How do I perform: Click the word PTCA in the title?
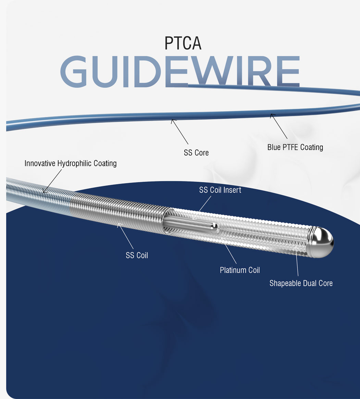tap(183, 43)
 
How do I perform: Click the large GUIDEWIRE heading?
tap(180, 72)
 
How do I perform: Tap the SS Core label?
tap(196, 153)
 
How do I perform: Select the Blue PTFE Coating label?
tap(295, 147)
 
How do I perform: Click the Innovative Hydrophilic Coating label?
tap(71, 163)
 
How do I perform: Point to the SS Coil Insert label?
tap(220, 190)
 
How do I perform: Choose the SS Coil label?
tap(137, 255)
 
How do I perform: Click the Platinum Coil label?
tap(240, 270)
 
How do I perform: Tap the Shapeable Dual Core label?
tap(301, 283)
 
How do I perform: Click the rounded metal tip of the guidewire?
tap(322, 242)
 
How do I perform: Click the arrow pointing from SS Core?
tap(179, 132)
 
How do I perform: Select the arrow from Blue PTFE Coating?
tap(279, 126)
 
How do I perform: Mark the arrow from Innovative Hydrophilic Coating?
tap(52, 181)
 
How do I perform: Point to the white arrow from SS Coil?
tap(125, 236)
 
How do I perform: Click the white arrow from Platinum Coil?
tap(229, 251)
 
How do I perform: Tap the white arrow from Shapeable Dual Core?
tap(297, 261)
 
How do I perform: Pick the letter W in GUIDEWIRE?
tap(210, 72)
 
